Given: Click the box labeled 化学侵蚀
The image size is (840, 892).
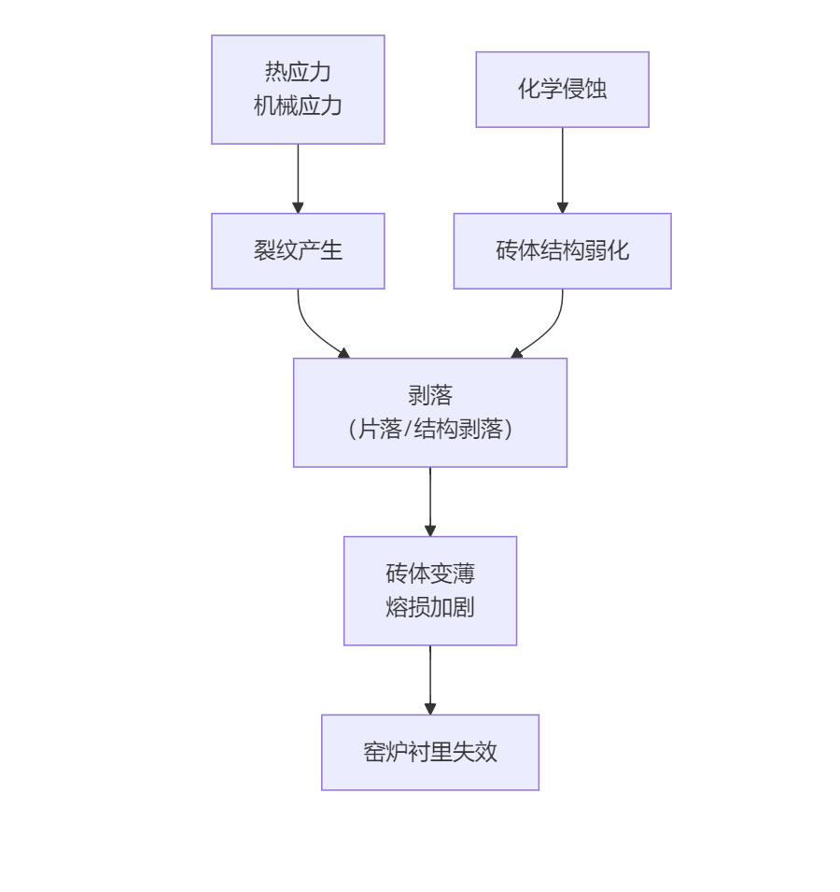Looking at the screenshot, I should pos(562,90).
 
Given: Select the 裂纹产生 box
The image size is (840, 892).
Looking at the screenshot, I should pos(298,251).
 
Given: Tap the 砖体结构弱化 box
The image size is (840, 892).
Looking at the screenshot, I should pos(562,251).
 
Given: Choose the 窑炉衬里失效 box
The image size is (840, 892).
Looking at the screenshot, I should pos(430,752).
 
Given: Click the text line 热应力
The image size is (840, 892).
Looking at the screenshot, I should pos(298,72).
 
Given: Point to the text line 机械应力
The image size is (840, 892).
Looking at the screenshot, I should pos(298,106).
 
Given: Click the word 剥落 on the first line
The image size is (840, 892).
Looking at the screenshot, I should pos(430,396).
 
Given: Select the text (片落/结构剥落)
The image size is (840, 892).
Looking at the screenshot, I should pos(430,430).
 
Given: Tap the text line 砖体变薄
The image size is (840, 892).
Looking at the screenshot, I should pos(430,573).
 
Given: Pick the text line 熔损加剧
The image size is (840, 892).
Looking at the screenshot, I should pos(430,607).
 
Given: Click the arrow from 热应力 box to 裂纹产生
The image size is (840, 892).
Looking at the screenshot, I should pos(298,177).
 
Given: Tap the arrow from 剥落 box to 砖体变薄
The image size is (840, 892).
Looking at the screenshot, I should pos(430,500).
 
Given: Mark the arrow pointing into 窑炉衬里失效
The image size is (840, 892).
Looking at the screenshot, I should pos(430,678).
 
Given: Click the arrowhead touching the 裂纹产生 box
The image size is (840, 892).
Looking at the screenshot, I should pos(298,207).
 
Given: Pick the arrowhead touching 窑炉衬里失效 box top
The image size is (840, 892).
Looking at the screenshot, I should pos(430,709).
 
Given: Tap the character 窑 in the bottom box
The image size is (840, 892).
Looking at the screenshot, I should pos(374,752).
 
